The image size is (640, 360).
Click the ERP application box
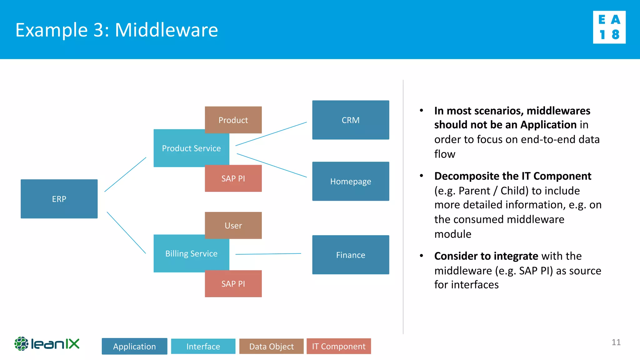tap(59, 199)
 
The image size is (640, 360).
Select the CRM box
tap(351, 120)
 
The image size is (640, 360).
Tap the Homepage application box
tap(351, 181)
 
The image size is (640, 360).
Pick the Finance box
tap(351, 255)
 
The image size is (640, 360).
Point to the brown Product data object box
tap(233, 120)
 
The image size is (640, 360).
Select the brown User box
tap(233, 225)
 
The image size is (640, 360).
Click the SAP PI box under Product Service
tap(233, 178)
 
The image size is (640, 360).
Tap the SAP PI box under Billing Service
tap(233, 284)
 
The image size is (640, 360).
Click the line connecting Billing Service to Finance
tap(268, 254)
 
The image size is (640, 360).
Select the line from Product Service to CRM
tap(271, 134)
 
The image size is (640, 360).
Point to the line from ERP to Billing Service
tap(126, 232)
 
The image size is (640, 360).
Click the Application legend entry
tap(134, 346)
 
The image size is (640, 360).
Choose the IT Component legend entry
tap(339, 346)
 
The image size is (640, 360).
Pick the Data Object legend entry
tap(271, 346)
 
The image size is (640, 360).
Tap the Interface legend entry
tap(203, 346)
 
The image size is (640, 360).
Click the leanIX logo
tap(47, 344)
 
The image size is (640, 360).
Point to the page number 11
tap(616, 342)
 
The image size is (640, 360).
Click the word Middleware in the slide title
tap(166, 30)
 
